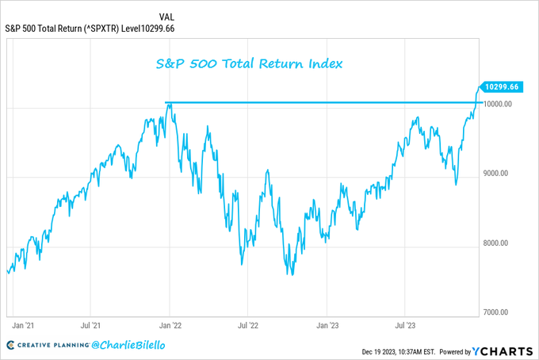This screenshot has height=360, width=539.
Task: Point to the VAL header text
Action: tap(167, 16)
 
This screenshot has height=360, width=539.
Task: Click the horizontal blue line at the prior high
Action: tap(317, 102)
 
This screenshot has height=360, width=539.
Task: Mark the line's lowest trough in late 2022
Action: tap(292, 275)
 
